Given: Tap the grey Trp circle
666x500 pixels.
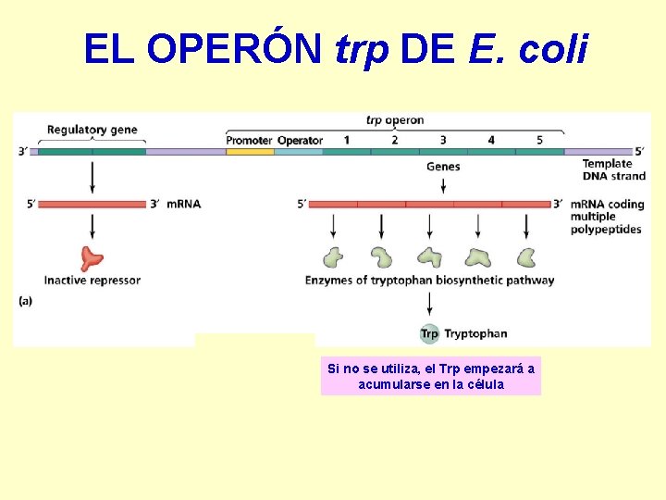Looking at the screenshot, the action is [429, 333].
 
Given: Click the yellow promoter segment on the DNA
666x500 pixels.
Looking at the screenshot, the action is [250, 151].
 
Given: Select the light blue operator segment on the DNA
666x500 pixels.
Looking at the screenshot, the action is [299, 151].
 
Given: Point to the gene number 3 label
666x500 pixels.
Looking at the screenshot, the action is [442, 140].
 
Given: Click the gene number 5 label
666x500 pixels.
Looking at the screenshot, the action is [539, 140].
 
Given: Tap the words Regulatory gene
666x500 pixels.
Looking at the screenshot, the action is [92, 130].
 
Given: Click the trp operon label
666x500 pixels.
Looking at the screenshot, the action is [395, 119].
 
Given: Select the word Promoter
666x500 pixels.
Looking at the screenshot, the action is [249, 140].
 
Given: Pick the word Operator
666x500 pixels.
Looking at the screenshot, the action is [300, 140].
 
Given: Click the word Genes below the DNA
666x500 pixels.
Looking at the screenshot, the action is [443, 167].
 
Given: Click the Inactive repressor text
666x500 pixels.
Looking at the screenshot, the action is [92, 280].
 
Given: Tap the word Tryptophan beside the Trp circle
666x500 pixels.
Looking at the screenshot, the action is [475, 333].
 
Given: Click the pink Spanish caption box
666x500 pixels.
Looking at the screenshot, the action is [431, 376].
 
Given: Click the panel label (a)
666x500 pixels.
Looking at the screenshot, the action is [26, 300].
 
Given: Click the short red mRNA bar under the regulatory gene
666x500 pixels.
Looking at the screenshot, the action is [92, 204].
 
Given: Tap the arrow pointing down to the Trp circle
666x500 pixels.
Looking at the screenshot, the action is [429, 305].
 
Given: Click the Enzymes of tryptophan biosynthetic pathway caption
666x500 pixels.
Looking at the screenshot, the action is [429, 280].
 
